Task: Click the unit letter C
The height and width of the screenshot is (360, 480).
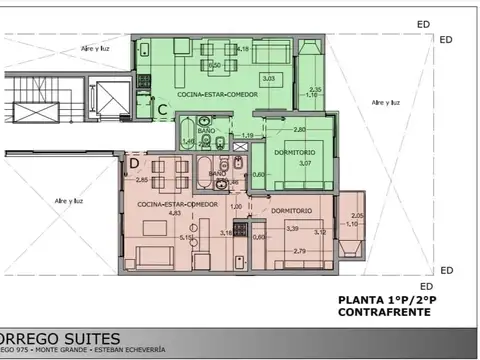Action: coord(161,109)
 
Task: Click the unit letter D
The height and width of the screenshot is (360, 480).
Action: coord(133,162)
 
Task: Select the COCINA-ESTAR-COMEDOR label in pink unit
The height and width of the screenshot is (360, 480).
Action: coord(161,202)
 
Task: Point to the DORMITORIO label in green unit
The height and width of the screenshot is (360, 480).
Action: coord(297,150)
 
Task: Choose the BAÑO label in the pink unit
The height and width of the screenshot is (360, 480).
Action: coord(217,172)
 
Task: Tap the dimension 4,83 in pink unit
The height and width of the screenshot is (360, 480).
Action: coord(144,213)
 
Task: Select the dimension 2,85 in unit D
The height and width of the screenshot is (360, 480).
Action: coord(142,180)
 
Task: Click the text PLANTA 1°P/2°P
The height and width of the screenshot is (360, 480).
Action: coord(376,299)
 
